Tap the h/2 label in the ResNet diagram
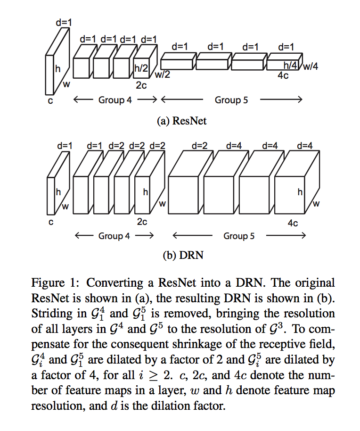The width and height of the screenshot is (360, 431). (x=141, y=68)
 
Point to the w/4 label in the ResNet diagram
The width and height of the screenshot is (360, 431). (x=311, y=66)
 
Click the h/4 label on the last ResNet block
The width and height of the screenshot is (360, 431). (x=291, y=66)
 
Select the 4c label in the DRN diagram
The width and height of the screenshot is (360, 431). (x=292, y=223)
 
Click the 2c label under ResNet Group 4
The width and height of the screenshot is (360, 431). (x=141, y=86)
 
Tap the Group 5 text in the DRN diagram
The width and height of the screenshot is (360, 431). (x=238, y=236)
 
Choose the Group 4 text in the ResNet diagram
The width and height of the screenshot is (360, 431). (x=115, y=100)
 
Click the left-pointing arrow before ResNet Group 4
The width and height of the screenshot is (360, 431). (x=82, y=100)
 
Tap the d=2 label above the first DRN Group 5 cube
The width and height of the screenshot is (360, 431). (x=200, y=146)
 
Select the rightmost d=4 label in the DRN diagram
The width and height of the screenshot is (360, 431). (x=305, y=146)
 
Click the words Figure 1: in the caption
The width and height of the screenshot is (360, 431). (x=56, y=283)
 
